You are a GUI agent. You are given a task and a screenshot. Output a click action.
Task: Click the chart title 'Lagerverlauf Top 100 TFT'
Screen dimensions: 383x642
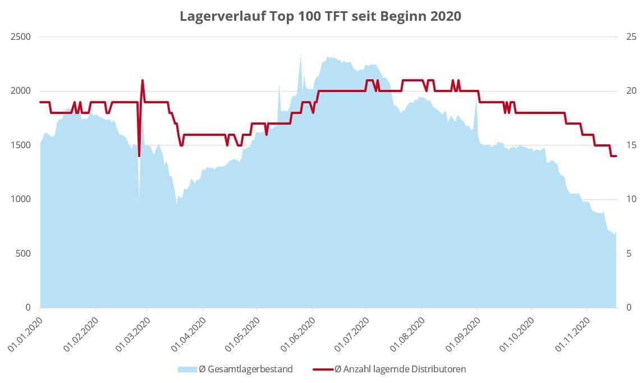tap(320, 16)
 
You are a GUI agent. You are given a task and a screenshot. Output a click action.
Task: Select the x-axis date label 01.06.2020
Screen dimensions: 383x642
tap(297, 335)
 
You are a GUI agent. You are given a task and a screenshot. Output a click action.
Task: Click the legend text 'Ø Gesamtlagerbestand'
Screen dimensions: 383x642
tap(245, 369)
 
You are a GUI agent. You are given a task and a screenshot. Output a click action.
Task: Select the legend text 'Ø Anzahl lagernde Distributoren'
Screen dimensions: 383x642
tap(400, 369)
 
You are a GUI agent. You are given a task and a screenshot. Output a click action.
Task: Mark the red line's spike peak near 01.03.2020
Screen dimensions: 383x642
tap(143, 80)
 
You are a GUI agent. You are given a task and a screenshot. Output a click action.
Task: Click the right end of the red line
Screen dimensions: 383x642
tap(616, 156)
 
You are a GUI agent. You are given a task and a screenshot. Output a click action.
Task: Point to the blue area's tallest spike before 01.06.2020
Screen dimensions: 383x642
tap(300, 56)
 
